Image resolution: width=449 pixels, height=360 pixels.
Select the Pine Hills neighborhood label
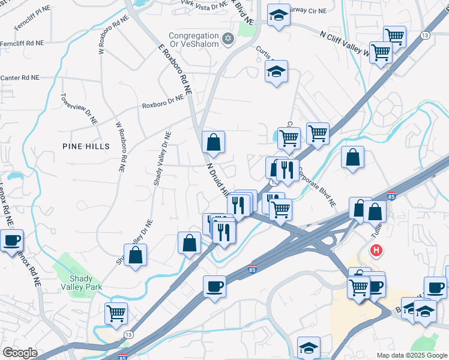[x=86, y=146]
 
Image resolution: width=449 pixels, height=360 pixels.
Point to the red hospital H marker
[x=376, y=250]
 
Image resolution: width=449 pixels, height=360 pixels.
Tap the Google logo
[x=20, y=353]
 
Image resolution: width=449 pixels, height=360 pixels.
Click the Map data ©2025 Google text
[x=412, y=355]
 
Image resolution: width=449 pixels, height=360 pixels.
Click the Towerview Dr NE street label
[x=79, y=109]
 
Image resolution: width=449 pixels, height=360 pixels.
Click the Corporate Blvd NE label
[x=316, y=183]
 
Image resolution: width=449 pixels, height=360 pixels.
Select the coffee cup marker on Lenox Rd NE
[x=11, y=241]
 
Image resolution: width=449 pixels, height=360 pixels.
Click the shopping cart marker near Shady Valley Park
[x=116, y=312]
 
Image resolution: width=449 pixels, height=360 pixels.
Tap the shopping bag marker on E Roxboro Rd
[x=213, y=142]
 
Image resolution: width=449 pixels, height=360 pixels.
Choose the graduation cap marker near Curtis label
[x=276, y=71]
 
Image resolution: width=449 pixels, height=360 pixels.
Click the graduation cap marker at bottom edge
[x=309, y=347]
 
